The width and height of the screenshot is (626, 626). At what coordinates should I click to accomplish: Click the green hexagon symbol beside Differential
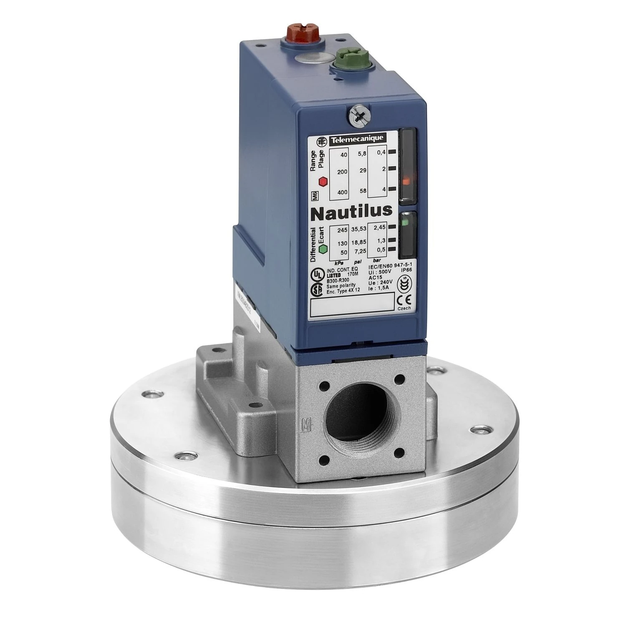pyautogui.click(x=323, y=249)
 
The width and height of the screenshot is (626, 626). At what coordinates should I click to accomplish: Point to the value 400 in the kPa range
pyautogui.click(x=342, y=192)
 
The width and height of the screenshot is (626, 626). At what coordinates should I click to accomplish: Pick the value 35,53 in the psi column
pyautogui.click(x=359, y=230)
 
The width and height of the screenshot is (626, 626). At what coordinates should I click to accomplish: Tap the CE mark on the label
pyautogui.click(x=404, y=299)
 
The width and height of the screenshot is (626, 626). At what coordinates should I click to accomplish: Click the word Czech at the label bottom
pyautogui.click(x=404, y=308)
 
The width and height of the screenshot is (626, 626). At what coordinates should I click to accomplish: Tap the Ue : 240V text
pyautogui.click(x=380, y=283)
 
